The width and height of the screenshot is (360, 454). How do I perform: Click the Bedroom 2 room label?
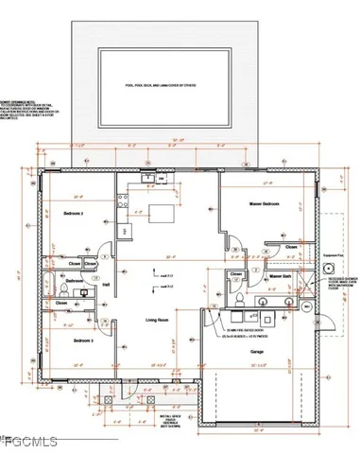click(x=74, y=214)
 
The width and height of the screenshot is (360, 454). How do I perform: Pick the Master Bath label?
click(x=279, y=277)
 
